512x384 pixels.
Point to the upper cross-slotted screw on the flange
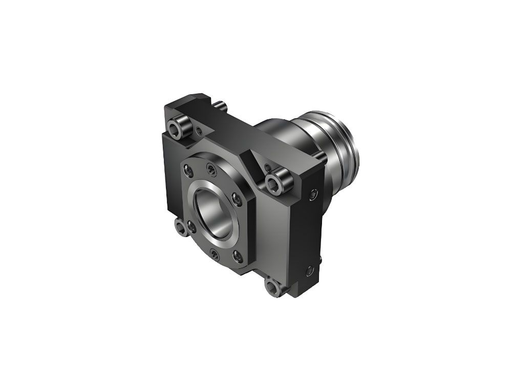pyautogui.click(x=210, y=169)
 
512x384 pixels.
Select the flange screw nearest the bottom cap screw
pyautogui.click(x=237, y=252)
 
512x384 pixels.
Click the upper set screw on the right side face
pyautogui.click(x=313, y=194)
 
